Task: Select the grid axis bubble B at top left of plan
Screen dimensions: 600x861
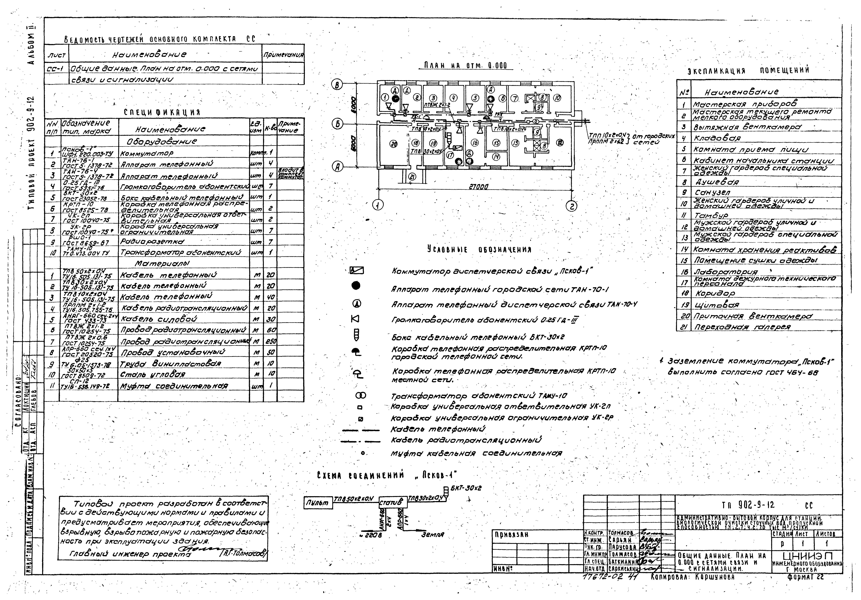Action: coord(337,85)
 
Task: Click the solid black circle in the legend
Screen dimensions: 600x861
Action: coord(356,286)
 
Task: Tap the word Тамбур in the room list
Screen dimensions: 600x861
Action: coord(711,215)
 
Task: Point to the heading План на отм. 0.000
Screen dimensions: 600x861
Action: coord(465,66)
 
